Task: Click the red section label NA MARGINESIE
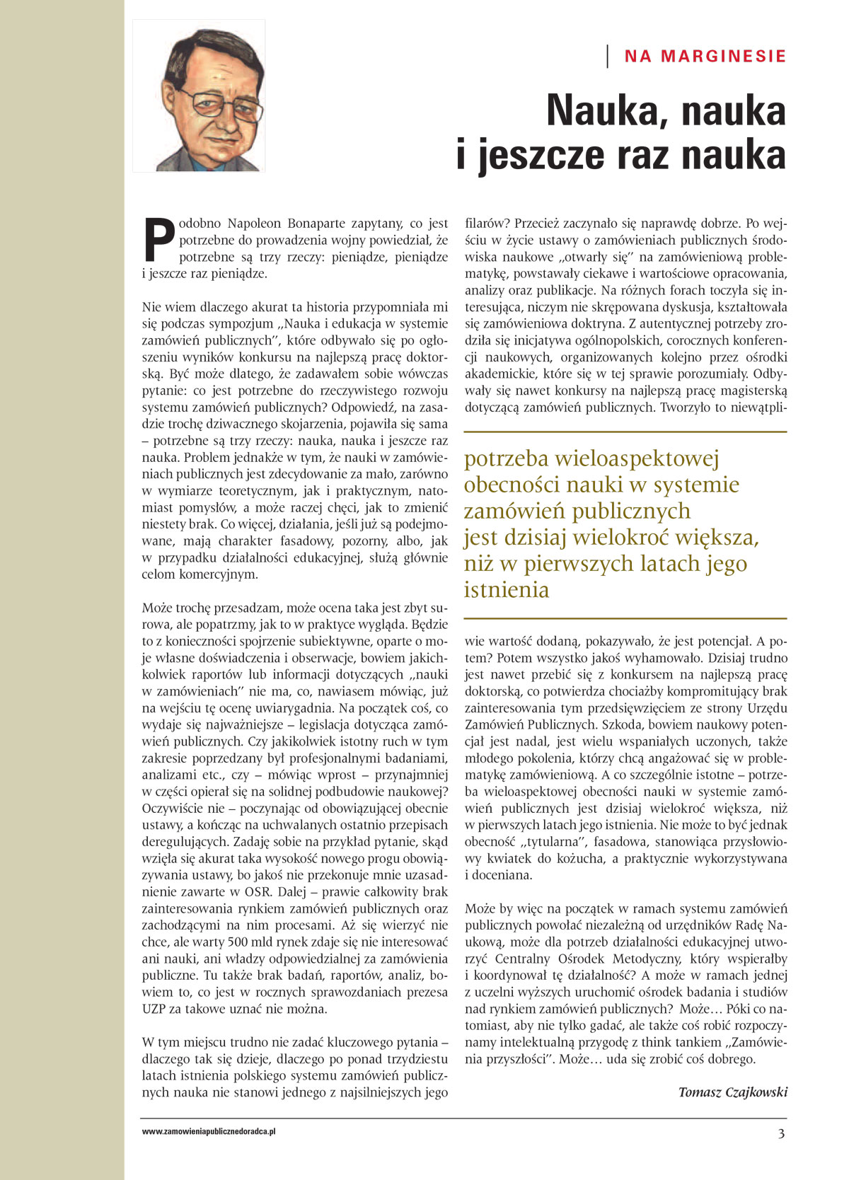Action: [705, 57]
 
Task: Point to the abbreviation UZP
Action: [154, 1010]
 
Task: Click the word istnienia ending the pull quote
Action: [507, 589]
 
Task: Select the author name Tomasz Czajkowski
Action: [732, 1092]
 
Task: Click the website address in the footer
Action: [208, 1132]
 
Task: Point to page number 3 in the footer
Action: [781, 1133]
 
